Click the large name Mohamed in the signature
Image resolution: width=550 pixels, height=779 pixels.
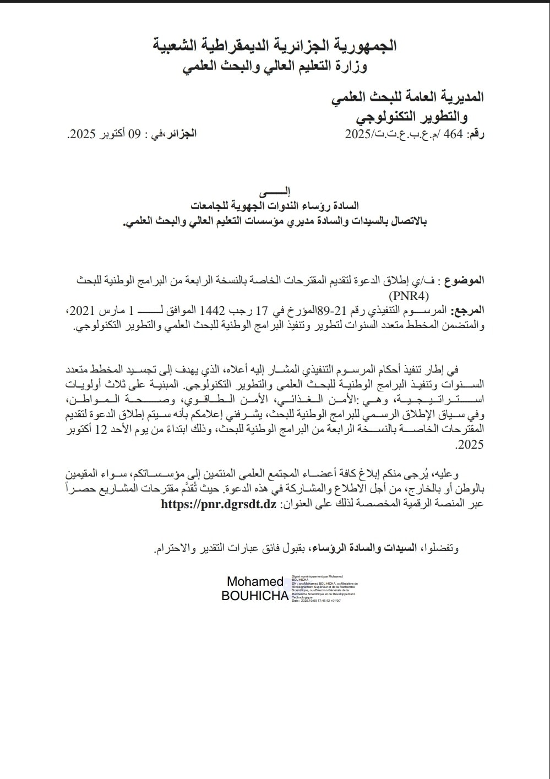tap(255, 581)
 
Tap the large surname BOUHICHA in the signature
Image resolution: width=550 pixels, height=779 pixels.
tap(254, 596)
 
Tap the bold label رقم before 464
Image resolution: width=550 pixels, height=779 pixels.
tap(476, 134)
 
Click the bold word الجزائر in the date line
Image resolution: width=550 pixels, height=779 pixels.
tap(181, 134)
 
